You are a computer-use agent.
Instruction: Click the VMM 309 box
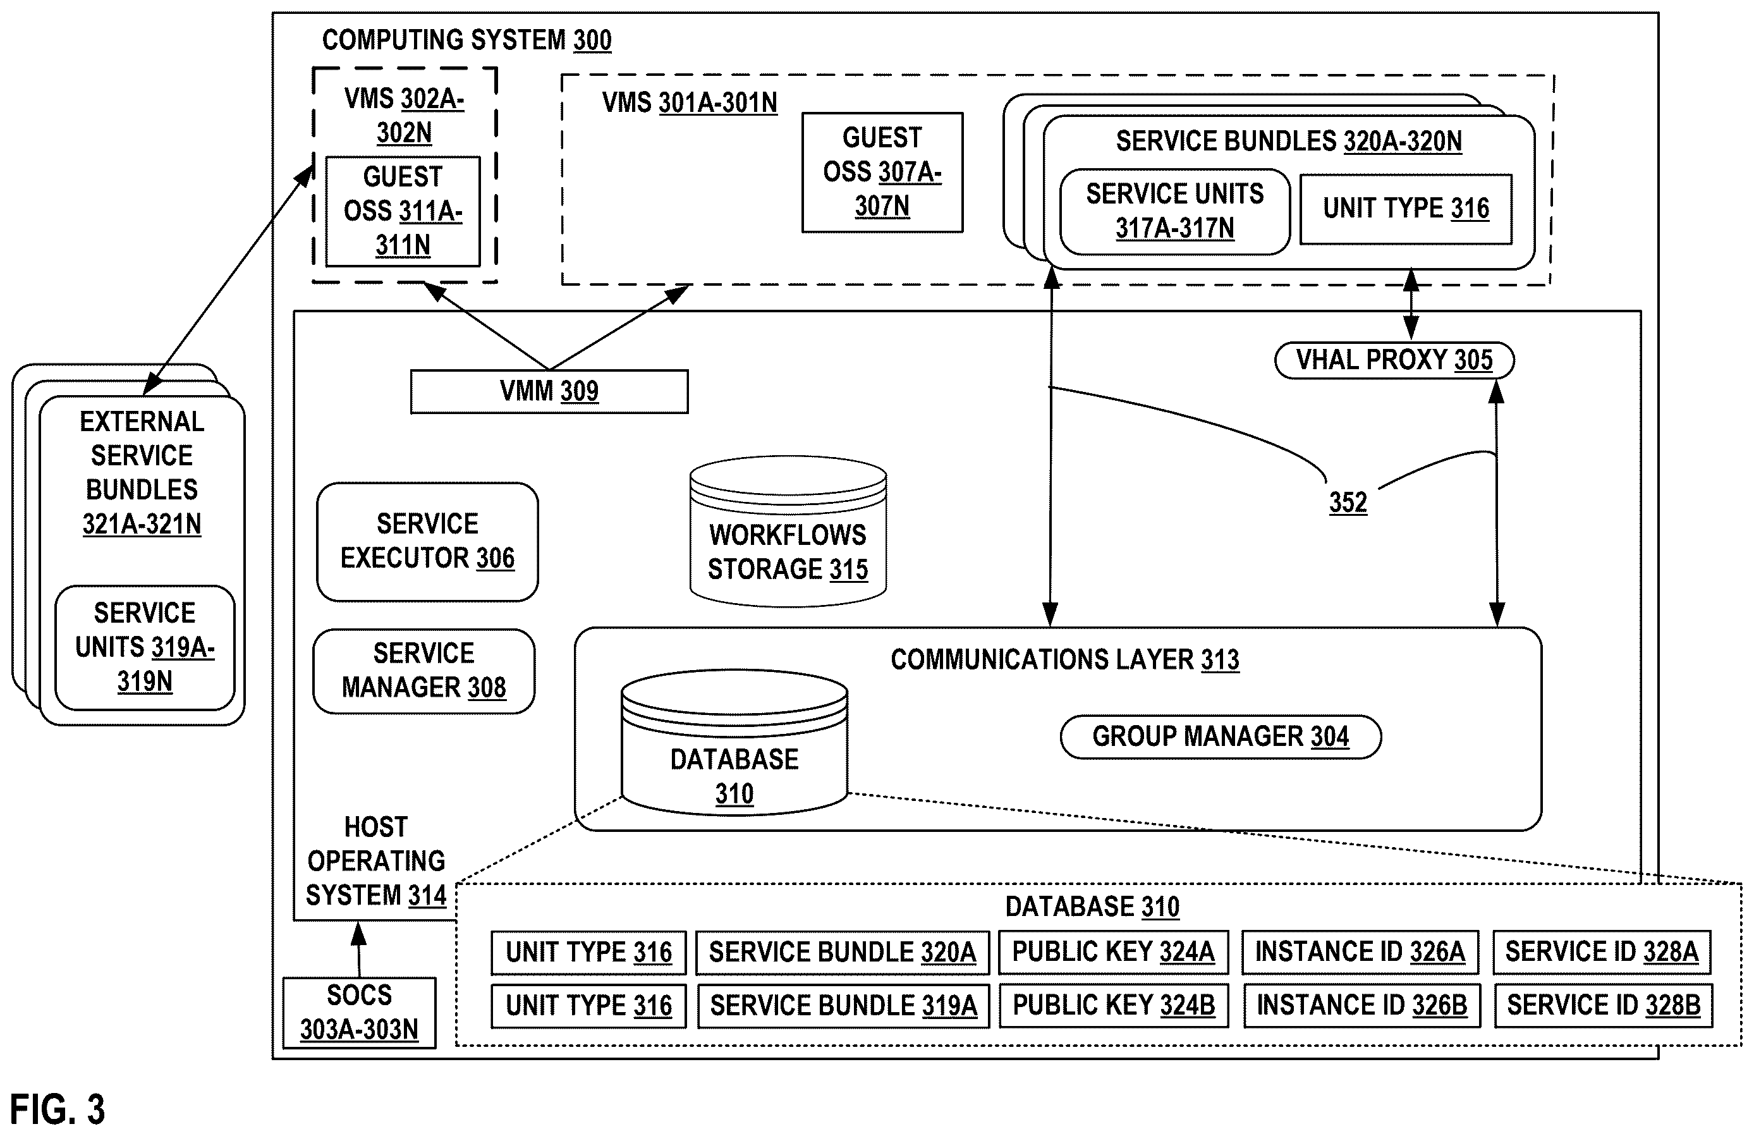tap(549, 391)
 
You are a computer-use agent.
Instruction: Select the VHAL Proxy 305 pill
tap(1394, 360)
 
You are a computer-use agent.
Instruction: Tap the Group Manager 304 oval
tap(1221, 736)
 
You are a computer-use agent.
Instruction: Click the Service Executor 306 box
tap(427, 542)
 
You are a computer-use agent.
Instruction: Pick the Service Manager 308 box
tap(423, 671)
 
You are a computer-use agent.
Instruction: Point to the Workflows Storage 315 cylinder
tap(788, 532)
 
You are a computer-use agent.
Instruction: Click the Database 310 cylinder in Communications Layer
tap(734, 742)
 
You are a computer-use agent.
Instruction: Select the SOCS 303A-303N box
tap(360, 1012)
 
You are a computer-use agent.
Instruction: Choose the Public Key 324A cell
tap(1113, 951)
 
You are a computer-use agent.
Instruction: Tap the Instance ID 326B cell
tap(1362, 1005)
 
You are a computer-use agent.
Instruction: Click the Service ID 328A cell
tap(1602, 951)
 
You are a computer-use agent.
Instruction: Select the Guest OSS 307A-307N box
tap(882, 173)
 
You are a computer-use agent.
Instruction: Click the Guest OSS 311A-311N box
tap(403, 211)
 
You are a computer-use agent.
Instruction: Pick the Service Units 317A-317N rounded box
tap(1175, 212)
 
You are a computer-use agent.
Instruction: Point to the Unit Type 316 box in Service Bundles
tap(1406, 209)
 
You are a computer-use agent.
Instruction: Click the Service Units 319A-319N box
tap(145, 648)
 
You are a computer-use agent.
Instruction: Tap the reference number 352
tap(1348, 503)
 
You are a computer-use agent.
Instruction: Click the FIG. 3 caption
tap(58, 1109)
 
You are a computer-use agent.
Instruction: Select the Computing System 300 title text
tap(466, 40)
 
